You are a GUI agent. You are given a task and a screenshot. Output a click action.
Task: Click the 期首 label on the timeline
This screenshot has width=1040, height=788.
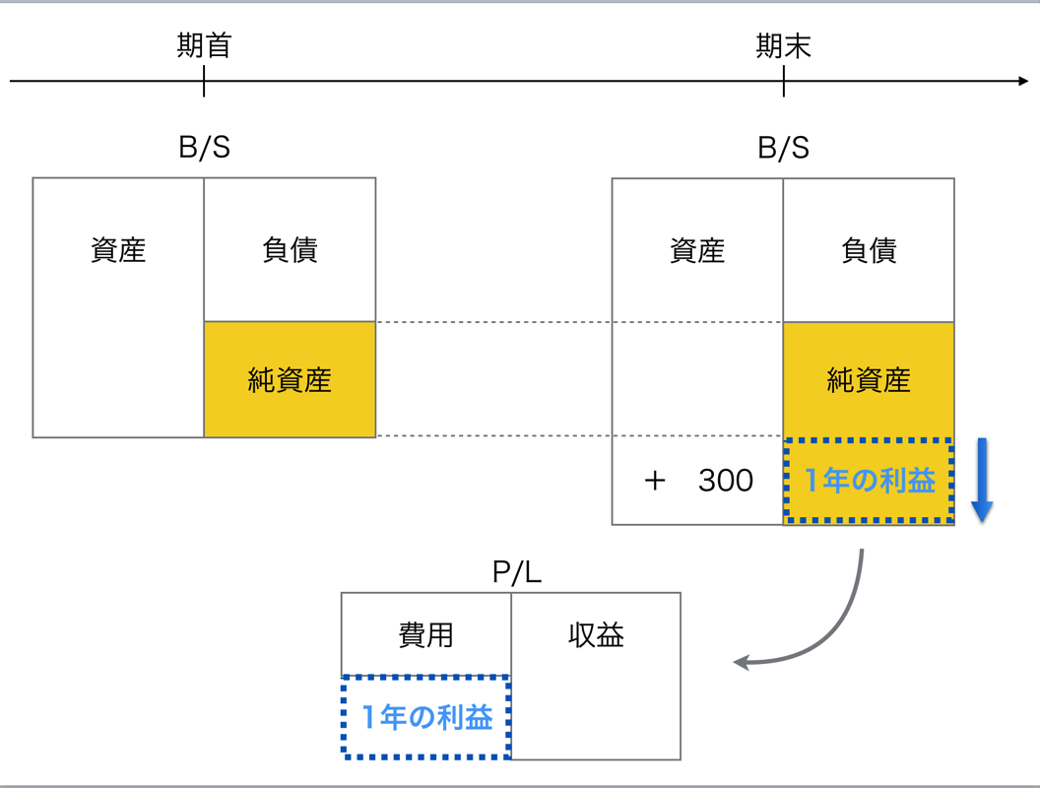click(x=204, y=45)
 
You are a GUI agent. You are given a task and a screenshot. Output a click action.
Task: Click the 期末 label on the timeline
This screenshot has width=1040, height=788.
click(x=783, y=45)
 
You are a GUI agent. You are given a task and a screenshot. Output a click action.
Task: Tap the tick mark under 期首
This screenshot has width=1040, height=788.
click(x=204, y=82)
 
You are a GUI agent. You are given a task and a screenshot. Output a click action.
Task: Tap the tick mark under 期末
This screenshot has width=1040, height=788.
click(x=783, y=82)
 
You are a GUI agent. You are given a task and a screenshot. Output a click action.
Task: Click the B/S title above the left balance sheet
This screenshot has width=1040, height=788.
click(x=204, y=147)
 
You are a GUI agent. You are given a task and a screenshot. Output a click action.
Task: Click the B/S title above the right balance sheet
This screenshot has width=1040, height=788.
click(x=783, y=148)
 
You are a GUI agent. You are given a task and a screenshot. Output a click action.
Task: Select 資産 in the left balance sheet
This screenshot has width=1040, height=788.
click(x=118, y=250)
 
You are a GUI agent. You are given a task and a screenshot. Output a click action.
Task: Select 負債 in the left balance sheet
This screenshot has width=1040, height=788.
click(x=290, y=250)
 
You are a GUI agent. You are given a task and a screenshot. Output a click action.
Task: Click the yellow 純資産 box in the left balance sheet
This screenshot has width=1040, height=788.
click(x=290, y=379)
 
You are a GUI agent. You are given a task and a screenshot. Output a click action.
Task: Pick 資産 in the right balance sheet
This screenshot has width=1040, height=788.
click(x=697, y=251)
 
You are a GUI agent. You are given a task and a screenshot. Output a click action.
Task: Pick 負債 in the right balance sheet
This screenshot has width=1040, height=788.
click(x=869, y=251)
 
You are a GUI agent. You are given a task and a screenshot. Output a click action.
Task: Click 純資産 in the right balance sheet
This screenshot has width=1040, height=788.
click(x=869, y=380)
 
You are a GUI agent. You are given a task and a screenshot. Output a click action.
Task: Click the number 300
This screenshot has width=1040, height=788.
click(x=726, y=481)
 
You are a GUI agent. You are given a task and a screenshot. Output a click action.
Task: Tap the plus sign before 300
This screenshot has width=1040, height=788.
click(x=655, y=481)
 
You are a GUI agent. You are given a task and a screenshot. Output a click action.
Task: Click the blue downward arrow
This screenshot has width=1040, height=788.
click(x=982, y=481)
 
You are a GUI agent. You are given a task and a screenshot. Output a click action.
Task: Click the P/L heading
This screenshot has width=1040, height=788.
click(x=517, y=571)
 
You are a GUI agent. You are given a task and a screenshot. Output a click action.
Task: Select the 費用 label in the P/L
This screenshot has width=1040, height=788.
click(x=425, y=635)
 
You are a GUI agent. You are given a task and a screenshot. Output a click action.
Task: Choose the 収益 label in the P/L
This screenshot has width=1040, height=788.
click(x=596, y=634)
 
